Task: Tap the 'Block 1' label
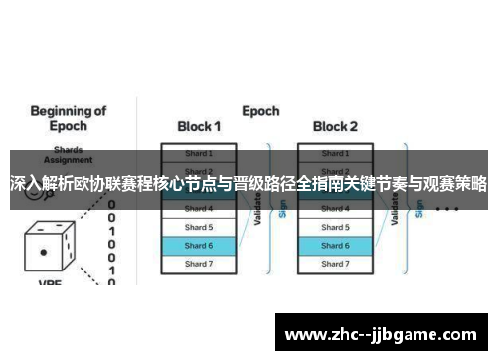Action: point(199,126)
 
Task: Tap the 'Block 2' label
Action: point(335,126)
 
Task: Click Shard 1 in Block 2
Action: point(335,154)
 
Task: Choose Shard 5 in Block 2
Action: point(335,227)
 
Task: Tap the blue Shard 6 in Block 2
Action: point(335,245)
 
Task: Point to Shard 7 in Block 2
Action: point(335,263)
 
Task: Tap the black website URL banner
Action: point(383,332)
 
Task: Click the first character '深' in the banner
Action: point(18,185)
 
